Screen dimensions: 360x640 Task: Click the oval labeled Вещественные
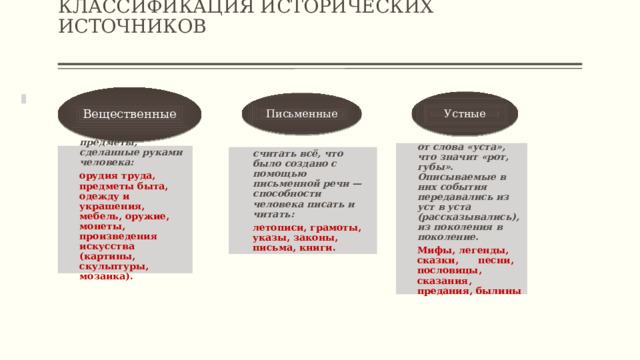click(129, 114)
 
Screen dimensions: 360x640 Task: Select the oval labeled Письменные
click(301, 114)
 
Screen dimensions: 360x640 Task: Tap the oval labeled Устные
click(464, 114)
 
